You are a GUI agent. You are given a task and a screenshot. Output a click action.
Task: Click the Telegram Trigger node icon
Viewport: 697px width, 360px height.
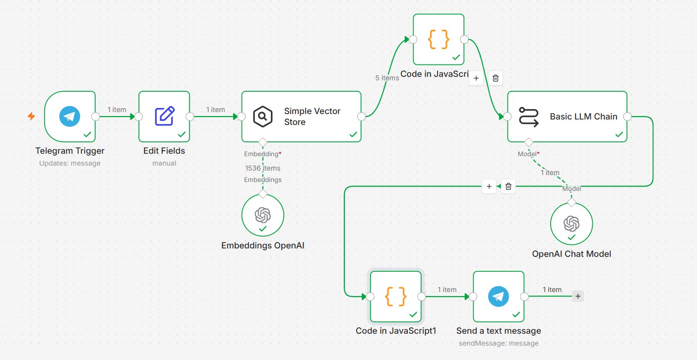[x=69, y=117]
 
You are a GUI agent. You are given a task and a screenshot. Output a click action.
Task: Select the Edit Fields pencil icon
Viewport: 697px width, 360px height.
[x=165, y=116]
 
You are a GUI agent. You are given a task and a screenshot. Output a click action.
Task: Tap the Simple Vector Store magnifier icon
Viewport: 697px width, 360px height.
[x=262, y=117]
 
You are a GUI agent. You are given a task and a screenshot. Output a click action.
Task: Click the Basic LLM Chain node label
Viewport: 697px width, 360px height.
[x=583, y=117]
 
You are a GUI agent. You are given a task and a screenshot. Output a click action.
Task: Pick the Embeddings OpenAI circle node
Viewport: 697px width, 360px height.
[x=262, y=215]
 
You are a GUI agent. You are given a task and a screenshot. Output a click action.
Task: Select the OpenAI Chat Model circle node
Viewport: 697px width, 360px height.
[x=571, y=224]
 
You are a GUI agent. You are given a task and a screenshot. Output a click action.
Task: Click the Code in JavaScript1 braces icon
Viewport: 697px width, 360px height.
[x=395, y=296]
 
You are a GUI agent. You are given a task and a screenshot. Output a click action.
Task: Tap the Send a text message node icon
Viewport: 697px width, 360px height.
[x=499, y=296]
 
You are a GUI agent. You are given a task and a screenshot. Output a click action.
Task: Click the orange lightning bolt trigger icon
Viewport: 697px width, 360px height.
[x=31, y=116]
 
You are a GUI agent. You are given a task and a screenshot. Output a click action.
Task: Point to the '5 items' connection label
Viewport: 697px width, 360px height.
[x=387, y=78]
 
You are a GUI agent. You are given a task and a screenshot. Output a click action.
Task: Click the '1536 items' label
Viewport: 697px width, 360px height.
[x=262, y=168]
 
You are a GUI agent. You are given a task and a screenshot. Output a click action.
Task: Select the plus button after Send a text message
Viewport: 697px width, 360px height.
[x=578, y=296]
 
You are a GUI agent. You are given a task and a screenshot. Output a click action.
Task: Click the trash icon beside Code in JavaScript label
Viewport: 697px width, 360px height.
[x=496, y=78]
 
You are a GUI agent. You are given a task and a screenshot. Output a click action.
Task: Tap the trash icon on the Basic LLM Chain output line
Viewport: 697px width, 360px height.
[x=508, y=186]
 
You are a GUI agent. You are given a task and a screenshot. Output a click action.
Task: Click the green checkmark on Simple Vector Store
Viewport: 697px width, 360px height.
[x=353, y=134]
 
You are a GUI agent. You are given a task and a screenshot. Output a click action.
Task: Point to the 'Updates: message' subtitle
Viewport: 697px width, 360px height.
[x=69, y=163]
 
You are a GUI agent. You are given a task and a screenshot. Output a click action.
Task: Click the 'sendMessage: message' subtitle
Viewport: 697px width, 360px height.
[x=499, y=343]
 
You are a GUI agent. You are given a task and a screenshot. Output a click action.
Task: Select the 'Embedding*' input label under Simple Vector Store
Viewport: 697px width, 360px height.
[x=262, y=154]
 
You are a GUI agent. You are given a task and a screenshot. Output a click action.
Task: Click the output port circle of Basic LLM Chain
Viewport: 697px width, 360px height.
[x=627, y=117]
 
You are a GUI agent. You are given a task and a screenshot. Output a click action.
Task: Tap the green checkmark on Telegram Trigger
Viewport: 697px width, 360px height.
[x=87, y=134]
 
